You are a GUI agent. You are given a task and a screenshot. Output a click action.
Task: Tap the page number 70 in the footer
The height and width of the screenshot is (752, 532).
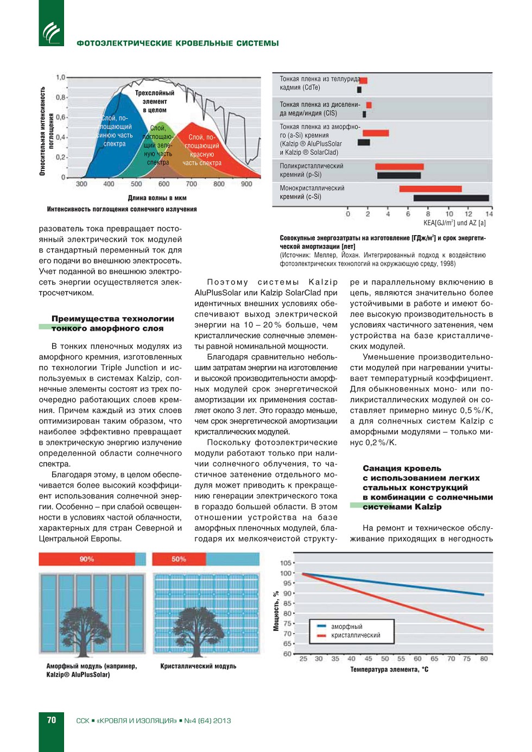pos(52,720)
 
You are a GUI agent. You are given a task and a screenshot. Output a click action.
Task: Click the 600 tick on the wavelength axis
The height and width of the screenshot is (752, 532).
pos(164,184)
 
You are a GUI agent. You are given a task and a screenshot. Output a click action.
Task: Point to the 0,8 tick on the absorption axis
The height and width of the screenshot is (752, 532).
pos(60,98)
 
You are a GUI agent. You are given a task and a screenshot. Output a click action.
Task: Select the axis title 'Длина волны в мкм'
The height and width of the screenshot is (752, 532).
pos(157,198)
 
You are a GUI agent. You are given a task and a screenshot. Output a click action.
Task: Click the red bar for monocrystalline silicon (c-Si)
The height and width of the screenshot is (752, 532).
pos(430,189)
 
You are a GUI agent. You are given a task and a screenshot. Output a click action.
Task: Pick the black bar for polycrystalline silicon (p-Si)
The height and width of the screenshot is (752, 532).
pos(399,175)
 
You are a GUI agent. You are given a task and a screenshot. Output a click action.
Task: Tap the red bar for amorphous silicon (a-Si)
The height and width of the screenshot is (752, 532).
pos(376,133)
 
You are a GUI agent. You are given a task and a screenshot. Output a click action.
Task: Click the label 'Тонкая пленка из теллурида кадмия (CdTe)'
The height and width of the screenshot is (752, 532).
pos(320,83)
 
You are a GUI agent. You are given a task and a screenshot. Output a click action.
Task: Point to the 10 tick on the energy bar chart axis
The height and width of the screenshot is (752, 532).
pos(449,214)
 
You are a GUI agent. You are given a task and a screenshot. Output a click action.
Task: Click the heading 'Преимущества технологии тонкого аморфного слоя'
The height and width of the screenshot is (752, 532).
pos(113,323)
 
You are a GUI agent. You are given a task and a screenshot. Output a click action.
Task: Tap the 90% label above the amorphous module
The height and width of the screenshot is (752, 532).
pos(87,559)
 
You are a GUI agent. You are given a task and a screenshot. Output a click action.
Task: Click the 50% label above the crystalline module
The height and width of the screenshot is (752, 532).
pos(179,559)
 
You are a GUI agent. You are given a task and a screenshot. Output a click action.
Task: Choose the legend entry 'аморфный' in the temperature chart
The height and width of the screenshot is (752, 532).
pos(346,627)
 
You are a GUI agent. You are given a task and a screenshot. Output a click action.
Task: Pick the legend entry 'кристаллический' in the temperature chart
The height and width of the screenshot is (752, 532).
pos(356,635)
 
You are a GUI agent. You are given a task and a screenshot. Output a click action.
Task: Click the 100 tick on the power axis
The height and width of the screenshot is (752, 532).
pos(286,573)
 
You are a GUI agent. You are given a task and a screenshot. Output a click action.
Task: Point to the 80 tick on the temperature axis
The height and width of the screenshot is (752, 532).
pos(484,659)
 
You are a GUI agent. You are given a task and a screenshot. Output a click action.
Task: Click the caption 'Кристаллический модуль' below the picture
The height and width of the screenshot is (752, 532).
pos(198,666)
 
